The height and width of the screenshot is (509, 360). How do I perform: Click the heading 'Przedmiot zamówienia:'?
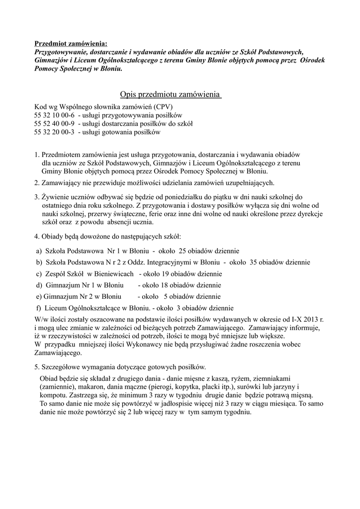tap(70, 44)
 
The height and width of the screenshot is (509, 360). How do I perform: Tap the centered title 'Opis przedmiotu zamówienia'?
tap(171, 94)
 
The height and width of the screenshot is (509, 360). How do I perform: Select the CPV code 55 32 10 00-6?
tap(54, 115)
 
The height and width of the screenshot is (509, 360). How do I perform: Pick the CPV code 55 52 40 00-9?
tap(54, 124)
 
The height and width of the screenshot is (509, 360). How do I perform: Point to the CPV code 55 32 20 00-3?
tap(54, 132)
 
